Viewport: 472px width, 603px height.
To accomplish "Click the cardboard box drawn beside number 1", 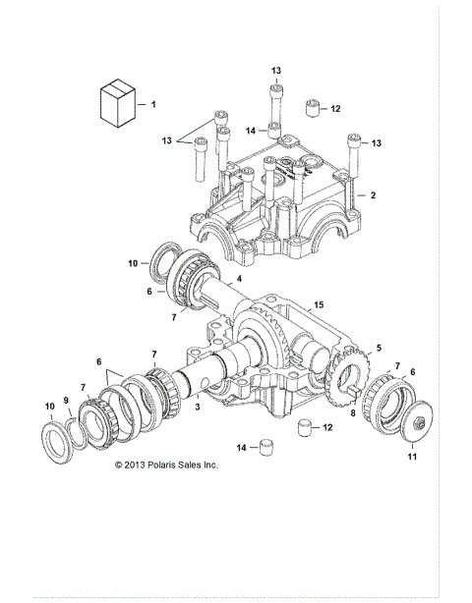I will [x=116, y=102].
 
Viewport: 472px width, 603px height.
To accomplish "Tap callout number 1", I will [x=153, y=102].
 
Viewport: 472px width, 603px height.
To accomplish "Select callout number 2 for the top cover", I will [x=373, y=195].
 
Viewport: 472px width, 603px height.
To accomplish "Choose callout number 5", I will [x=379, y=348].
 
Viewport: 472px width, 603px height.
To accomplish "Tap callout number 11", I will [x=412, y=457].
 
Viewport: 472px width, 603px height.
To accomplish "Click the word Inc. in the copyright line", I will [x=208, y=464].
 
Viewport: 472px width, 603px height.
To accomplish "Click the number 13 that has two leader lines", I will [x=166, y=140].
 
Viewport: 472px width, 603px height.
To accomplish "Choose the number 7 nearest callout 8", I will [x=395, y=365].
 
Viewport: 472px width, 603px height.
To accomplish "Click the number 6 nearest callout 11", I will [x=412, y=371].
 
